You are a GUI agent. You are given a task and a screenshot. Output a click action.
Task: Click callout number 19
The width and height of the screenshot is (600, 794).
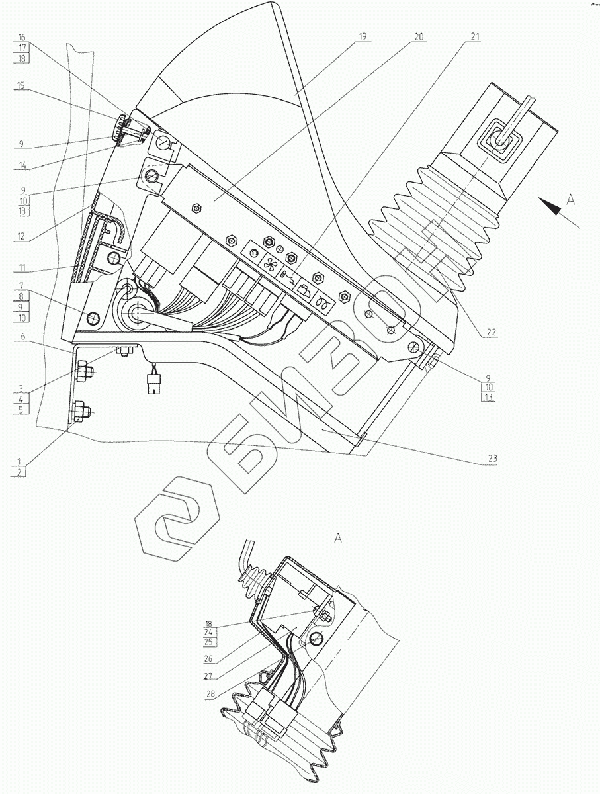(362, 37)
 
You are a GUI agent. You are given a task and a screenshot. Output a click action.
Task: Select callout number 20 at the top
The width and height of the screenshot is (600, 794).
(417, 37)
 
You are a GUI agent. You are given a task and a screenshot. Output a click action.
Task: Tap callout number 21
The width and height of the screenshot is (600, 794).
(474, 37)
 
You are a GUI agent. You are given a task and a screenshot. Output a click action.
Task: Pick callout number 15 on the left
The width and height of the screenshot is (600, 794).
(21, 85)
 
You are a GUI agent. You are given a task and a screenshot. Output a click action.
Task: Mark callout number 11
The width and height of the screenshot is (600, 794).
(21, 269)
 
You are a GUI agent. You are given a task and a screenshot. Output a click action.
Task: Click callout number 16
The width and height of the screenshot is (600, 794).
(21, 37)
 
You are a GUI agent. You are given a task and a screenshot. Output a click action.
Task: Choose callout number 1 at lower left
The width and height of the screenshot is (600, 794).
(21, 461)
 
